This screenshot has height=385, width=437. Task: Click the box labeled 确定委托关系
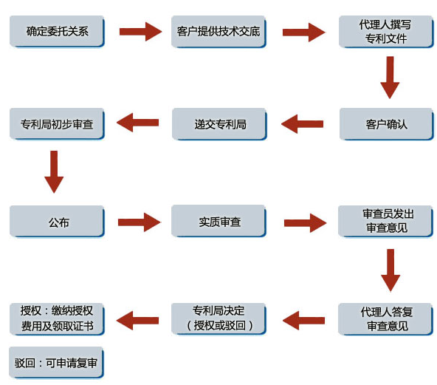click(57, 31)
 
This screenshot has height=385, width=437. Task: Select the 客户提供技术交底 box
click(218, 32)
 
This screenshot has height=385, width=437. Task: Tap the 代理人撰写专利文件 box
click(386, 32)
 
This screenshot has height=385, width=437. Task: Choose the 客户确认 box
click(386, 124)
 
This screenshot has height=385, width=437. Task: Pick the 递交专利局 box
click(219, 124)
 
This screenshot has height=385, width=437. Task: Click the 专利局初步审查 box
click(57, 124)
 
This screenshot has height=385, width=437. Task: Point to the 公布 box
click(57, 222)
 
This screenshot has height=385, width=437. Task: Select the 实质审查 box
click(218, 221)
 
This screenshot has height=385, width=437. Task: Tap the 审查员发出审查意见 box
click(386, 221)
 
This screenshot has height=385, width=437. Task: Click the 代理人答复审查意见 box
click(386, 319)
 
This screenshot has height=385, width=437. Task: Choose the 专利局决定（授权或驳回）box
click(218, 318)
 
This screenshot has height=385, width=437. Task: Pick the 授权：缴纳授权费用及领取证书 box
click(57, 319)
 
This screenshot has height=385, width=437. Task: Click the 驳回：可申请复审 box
click(56, 363)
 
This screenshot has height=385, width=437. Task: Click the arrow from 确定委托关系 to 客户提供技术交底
click(140, 32)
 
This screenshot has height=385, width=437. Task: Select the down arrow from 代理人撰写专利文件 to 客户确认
click(390, 78)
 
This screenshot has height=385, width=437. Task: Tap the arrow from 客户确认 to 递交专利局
click(302, 123)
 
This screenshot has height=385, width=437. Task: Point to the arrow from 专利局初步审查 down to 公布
click(54, 172)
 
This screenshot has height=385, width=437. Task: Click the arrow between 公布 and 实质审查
click(140, 222)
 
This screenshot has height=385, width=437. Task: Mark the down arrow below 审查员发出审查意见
click(390, 270)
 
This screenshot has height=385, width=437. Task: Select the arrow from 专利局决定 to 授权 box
click(137, 321)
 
